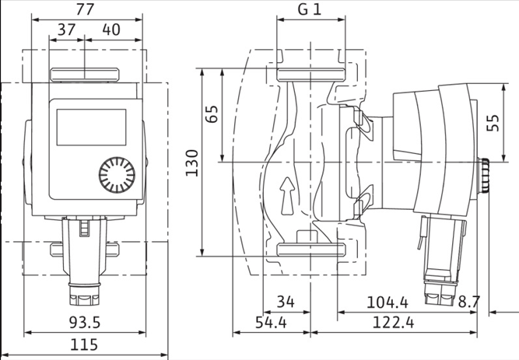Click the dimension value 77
pos(83,10)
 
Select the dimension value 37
pos(65,30)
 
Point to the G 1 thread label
pos(310,11)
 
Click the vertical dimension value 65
pos(212,114)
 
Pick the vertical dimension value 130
pos(191,163)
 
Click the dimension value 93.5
pos(84,321)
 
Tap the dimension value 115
pos(85,344)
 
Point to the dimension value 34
pos(286,300)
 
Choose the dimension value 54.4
pos(272,321)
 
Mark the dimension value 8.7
pos(471,300)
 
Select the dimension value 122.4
pos(407,321)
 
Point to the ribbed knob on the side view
pos(484,177)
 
